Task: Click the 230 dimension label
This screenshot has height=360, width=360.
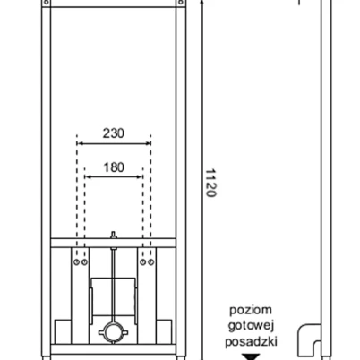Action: pyautogui.click(x=114, y=133)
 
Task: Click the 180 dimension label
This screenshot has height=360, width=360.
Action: pyautogui.click(x=114, y=167)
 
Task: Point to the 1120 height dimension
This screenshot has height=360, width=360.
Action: pyautogui.click(x=210, y=183)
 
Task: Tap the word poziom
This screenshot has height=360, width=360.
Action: pyautogui.click(x=251, y=310)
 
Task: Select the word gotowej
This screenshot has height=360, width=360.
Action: pyautogui.click(x=251, y=326)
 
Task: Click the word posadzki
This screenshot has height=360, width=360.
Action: pyautogui.click(x=251, y=341)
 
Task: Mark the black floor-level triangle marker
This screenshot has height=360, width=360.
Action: pyautogui.click(x=251, y=356)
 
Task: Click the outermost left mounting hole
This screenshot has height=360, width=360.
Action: pyautogui.click(x=77, y=262)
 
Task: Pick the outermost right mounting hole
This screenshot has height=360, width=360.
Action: pyautogui.click(x=151, y=262)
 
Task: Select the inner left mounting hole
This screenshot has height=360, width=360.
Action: pyautogui.click(x=85, y=262)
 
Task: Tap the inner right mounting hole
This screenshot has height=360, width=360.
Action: pyautogui.click(x=143, y=262)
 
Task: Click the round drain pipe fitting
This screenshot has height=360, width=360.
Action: pyautogui.click(x=113, y=332)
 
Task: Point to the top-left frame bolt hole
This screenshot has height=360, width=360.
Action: pyautogui.click(x=47, y=3)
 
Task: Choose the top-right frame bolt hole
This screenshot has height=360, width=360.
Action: pyautogui.click(x=181, y=3)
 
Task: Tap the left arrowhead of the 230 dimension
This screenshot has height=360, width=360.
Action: pyautogui.click(x=80, y=143)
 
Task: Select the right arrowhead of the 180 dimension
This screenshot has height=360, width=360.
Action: pyautogui.click(x=140, y=176)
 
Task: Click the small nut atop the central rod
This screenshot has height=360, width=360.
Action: pyautogui.click(x=113, y=235)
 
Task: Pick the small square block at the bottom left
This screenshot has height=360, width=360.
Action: pyautogui.click(x=63, y=331)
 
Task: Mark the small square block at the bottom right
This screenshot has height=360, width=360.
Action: pyautogui.click(x=164, y=331)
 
